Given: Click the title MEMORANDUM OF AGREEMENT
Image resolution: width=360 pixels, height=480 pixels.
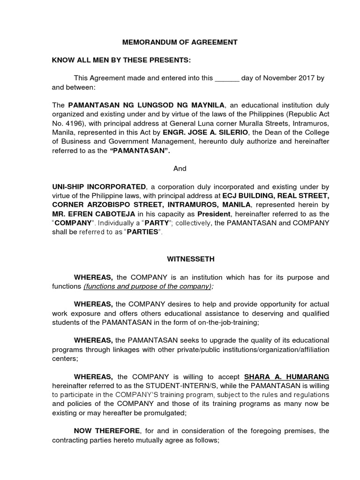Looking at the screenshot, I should (x=180, y=42).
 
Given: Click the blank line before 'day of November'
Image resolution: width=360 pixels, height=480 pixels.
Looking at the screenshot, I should (x=227, y=78).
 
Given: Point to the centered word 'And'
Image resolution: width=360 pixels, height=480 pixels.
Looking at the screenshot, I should (x=180, y=168).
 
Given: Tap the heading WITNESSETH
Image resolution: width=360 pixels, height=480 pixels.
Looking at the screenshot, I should (x=180, y=259).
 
